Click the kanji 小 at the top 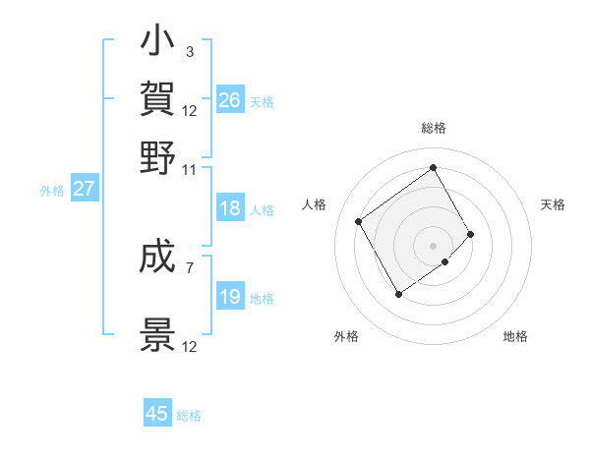[158, 42]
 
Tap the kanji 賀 [158, 98]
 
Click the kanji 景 [158, 334]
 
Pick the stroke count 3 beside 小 [189, 51]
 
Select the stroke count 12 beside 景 [189, 347]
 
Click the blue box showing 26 [229, 99]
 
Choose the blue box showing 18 [229, 208]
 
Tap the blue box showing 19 [229, 297]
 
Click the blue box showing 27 [84, 189]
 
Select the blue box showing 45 [157, 414]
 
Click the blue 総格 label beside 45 [189, 416]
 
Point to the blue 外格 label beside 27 [51, 191]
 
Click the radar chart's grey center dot [434, 244]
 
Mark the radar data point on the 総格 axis [434, 167]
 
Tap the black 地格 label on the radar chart [515, 337]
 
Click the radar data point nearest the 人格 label [359, 221]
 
